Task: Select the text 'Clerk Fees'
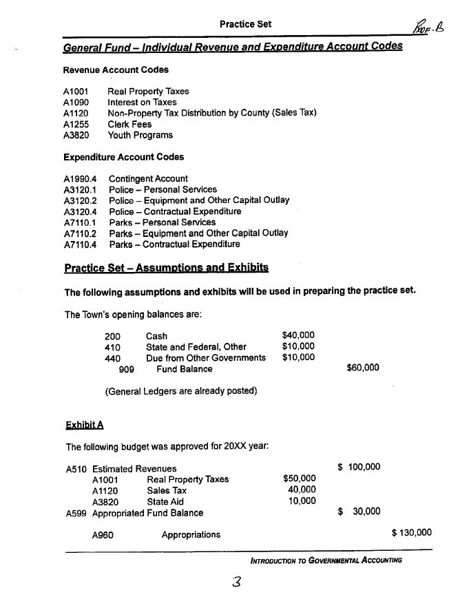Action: click(129, 124)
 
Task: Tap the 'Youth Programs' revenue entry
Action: click(140, 135)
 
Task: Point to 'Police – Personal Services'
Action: click(162, 189)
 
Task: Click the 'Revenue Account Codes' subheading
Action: click(116, 70)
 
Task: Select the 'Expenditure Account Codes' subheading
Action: click(123, 157)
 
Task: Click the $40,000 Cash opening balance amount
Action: click(298, 335)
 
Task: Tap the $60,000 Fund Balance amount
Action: click(362, 368)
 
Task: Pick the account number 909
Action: click(127, 369)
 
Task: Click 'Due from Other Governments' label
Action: click(205, 357)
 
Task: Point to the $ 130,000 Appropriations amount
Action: click(411, 532)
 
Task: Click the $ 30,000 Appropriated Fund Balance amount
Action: click(359, 511)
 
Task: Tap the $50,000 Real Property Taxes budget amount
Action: click(299, 479)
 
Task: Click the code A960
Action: click(103, 534)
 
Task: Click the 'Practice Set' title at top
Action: click(245, 24)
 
